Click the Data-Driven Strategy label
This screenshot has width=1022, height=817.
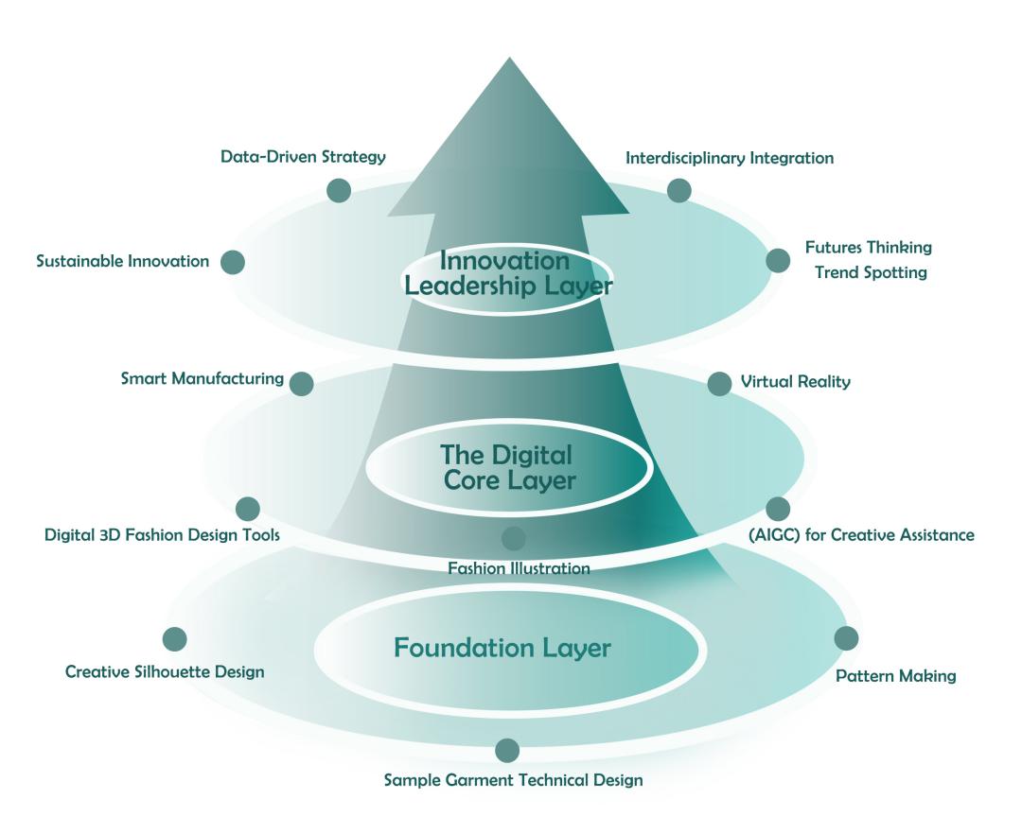point(303,157)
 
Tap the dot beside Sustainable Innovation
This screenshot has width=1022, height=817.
point(234,262)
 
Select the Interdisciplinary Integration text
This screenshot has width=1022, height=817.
point(730,158)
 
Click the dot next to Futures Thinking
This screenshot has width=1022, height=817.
point(778,261)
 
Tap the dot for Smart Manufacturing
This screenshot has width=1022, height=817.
point(302,383)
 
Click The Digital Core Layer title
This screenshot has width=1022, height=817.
point(508,468)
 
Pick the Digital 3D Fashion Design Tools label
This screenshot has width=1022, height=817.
point(162,535)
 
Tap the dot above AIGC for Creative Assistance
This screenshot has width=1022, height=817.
point(778,509)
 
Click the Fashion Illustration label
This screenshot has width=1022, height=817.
point(519,568)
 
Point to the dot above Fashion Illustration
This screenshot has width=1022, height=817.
point(514,539)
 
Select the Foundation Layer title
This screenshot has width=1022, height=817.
point(502,649)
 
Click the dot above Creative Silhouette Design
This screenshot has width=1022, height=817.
point(175,639)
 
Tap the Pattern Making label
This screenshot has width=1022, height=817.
point(896,676)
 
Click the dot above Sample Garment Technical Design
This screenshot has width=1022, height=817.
point(507,751)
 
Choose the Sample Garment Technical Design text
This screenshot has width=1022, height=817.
point(513,780)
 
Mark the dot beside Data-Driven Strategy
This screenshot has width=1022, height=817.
point(339,191)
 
